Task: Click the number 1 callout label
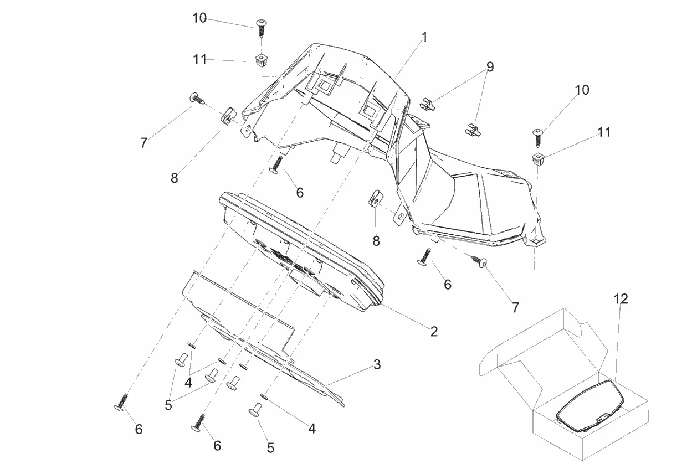424,38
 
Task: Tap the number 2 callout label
434,331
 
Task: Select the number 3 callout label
377,364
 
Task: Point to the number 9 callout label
490,66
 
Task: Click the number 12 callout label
621,299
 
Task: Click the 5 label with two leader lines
168,405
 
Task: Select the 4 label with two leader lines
188,382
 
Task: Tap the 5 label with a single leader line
270,448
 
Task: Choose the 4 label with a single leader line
312,428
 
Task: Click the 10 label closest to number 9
582,90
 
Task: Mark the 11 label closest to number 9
603,132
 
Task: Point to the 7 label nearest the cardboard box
515,307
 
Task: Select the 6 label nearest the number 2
447,285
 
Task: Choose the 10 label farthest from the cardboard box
199,18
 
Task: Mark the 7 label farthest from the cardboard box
144,143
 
